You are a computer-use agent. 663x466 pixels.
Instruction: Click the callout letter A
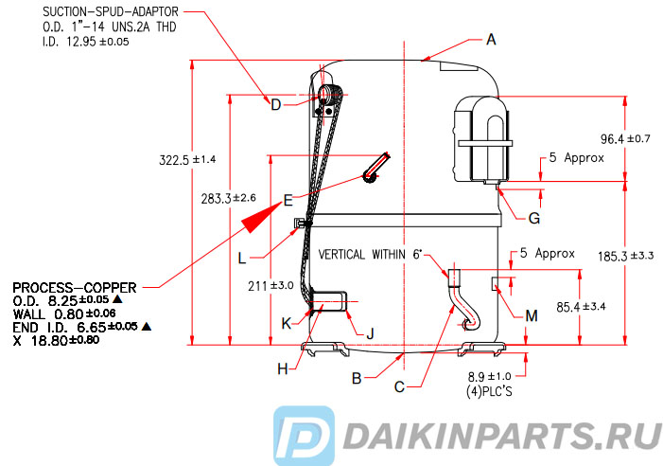coord(491,40)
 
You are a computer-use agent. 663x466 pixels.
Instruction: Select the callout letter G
coord(534,219)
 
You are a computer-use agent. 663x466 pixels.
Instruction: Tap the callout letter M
coord(532,315)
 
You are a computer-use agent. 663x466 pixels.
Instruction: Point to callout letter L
coord(242,258)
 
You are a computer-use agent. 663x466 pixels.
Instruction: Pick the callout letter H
coord(283,369)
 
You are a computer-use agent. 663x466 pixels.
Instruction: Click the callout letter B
coord(357,378)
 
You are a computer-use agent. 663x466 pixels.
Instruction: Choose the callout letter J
coord(370,333)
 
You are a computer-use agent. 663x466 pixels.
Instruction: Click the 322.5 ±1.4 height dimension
coord(187,160)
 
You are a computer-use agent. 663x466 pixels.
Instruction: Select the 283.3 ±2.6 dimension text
coord(228,198)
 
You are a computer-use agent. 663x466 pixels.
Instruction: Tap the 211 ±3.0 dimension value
coord(270,286)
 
